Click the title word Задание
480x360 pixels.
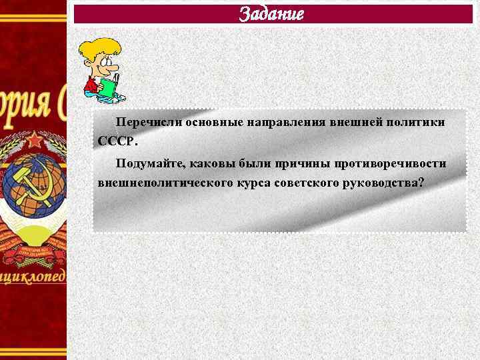coord(271,13)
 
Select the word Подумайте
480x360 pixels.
coord(148,163)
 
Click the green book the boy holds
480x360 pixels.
coord(107,87)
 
